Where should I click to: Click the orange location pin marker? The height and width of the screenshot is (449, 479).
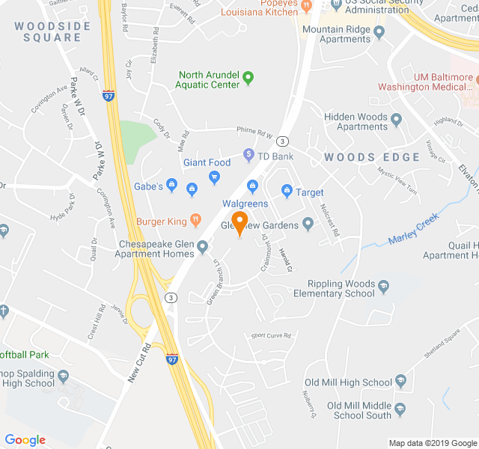coord(239,222)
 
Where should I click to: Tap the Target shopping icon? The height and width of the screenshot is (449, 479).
coord(286,192)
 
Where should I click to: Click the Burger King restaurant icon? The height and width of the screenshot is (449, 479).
coord(195,222)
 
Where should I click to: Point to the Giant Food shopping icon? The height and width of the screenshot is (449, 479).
coord(215,177)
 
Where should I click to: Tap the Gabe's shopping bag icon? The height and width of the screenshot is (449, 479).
coord(172,186)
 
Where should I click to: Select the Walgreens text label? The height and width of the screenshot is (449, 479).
coord(245,204)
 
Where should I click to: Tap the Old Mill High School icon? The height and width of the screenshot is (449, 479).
coord(400,382)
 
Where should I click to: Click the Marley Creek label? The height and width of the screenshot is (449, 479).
coord(413,230)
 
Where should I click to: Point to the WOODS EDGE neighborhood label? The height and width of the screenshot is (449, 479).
coord(372,157)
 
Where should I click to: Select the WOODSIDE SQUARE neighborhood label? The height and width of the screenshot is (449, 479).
coord(52,32)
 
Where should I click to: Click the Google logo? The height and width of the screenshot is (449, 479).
coord(25,440)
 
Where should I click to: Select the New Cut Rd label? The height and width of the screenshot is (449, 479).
coord(139,363)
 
